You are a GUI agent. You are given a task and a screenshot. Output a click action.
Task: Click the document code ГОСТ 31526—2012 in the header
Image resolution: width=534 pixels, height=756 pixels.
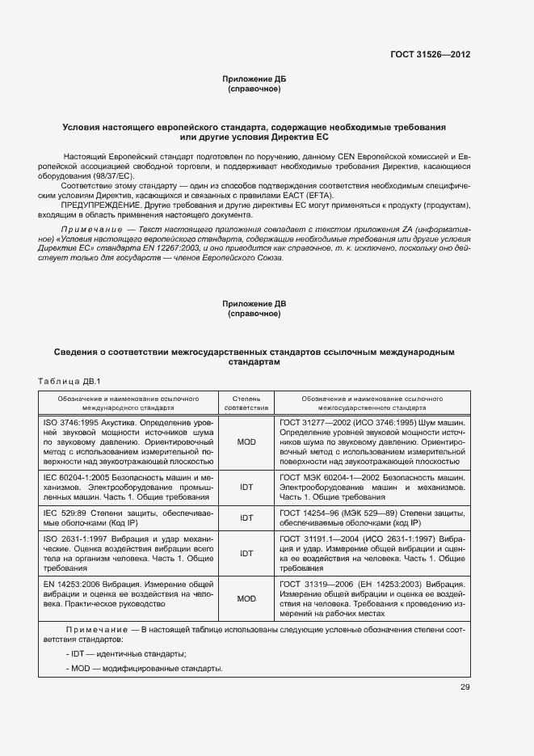pyautogui.click(x=431, y=54)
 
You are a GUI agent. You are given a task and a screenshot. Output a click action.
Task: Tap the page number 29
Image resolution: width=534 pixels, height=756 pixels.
pyautogui.click(x=465, y=687)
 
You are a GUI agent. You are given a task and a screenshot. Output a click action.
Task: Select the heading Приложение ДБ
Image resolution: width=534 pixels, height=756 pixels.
pyautogui.click(x=254, y=78)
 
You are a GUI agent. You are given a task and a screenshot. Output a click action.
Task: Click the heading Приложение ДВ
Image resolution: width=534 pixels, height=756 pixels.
pyautogui.click(x=254, y=303)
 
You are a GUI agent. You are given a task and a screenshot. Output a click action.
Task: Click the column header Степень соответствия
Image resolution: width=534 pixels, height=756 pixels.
pyautogui.click(x=246, y=403)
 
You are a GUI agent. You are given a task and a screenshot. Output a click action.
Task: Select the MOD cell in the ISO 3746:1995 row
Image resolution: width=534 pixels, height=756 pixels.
pyautogui.click(x=246, y=443)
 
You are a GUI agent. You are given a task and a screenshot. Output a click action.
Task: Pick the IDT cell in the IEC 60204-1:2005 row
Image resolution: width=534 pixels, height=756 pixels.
pyautogui.click(x=246, y=488)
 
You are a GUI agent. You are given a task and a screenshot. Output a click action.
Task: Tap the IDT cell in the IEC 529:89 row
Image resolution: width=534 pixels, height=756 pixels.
pyautogui.click(x=246, y=517)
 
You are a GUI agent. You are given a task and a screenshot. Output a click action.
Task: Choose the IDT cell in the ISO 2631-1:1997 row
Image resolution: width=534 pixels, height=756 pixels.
pyautogui.click(x=246, y=553)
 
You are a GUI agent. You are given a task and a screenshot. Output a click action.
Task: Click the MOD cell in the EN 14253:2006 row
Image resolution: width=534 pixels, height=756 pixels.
pyautogui.click(x=246, y=598)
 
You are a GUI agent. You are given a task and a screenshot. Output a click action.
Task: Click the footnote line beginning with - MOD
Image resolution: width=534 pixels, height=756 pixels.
pyautogui.click(x=143, y=669)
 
